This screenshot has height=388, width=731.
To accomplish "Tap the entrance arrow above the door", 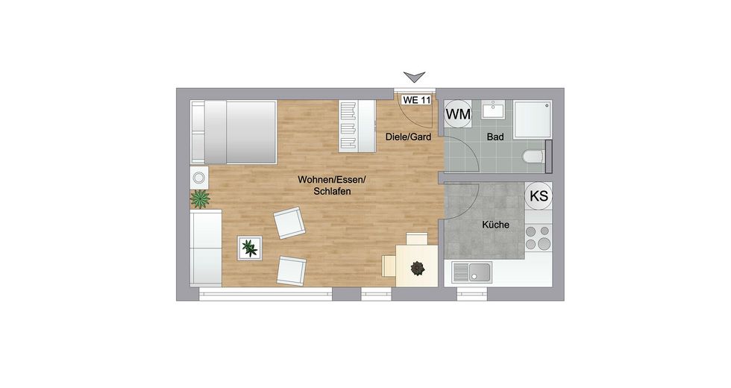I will coord(414,76).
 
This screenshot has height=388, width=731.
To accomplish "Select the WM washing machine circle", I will coord(459,114).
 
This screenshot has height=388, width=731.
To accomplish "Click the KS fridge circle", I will coord(539,196).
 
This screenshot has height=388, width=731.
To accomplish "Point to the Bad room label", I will coord(495,137).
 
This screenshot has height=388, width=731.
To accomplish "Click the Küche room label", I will coord(496,224).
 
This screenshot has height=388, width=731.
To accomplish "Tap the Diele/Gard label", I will coord(408,137).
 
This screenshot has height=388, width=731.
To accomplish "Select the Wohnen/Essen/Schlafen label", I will coord(324,185).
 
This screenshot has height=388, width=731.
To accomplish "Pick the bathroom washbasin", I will coord(493,110).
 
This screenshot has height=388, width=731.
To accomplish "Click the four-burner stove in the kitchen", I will coord(537,237).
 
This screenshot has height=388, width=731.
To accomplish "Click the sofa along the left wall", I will coord(206,247).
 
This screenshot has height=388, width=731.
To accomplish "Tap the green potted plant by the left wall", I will coord(200,198).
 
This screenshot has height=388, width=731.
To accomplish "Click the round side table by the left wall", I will coord(198,178).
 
